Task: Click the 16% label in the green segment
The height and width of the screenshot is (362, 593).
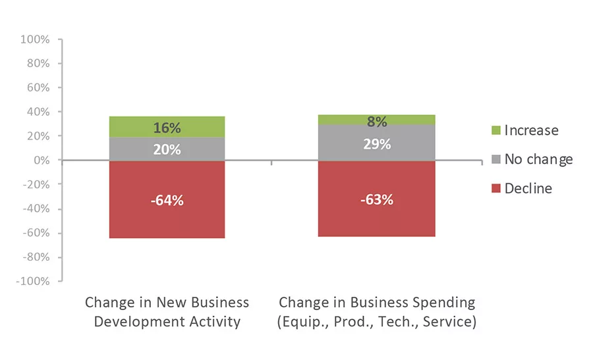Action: [167, 128]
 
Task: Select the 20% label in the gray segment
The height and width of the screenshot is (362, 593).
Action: [167, 149]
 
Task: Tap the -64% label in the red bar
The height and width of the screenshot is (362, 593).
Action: [167, 200]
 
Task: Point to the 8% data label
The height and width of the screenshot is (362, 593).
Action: [376, 121]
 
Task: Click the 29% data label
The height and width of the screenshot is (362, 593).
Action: [376, 144]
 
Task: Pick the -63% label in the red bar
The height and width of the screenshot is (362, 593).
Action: [376, 199]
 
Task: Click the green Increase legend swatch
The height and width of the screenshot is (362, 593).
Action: [496, 131]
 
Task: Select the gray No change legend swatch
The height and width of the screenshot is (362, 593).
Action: [496, 160]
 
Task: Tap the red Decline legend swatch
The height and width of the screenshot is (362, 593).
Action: [496, 189]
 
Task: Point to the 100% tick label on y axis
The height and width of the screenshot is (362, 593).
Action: [35, 39]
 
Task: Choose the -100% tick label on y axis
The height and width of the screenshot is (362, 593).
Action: [32, 282]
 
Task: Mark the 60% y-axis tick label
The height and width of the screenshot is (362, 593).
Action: [38, 88]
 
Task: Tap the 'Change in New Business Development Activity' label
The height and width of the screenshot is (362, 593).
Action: [167, 312]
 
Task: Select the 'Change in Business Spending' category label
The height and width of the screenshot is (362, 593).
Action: [376, 312]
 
